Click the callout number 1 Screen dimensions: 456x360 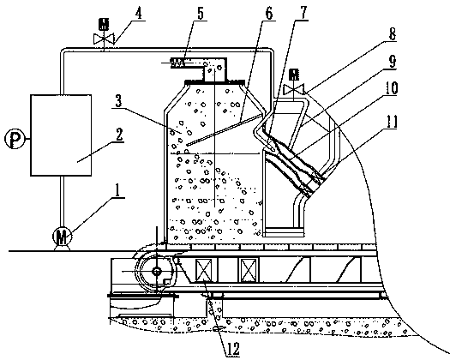click(x=117, y=190)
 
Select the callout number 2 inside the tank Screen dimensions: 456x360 click(x=119, y=135)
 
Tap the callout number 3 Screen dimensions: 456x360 click(x=117, y=101)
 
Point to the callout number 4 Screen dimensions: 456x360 click(x=140, y=13)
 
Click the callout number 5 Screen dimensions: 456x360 click(x=201, y=13)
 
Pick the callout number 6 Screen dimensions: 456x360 click(x=269, y=13)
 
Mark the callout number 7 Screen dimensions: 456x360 click(x=303, y=13)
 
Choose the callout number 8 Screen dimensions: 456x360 click(x=393, y=34)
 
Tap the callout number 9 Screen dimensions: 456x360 click(x=393, y=61)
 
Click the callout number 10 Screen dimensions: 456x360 click(x=391, y=87)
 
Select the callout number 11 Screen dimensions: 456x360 click(x=391, y=122)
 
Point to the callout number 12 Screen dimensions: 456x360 click(x=233, y=349)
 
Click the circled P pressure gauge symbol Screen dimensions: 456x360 click(x=15, y=139)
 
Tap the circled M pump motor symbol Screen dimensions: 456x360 click(x=62, y=237)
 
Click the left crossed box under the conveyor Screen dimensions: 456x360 click(x=204, y=270)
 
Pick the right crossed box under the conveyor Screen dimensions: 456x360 click(x=248, y=270)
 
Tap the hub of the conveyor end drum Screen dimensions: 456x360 click(x=157, y=271)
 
